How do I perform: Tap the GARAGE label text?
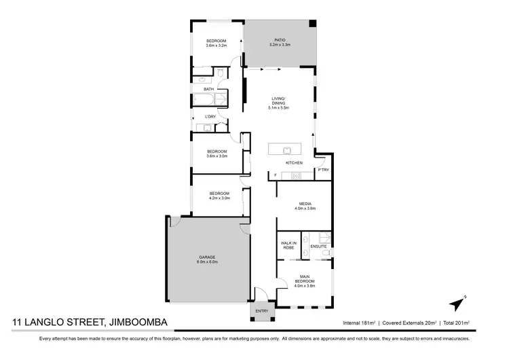[206, 257]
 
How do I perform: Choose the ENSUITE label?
[318, 247]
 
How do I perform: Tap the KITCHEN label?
[293, 164]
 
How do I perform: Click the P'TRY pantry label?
[323, 169]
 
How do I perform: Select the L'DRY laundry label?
[210, 116]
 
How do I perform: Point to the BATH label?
[209, 89]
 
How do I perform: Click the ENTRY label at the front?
[261, 311]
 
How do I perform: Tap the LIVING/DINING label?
[279, 102]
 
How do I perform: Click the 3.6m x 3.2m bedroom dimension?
[216, 46]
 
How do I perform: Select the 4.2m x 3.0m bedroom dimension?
[219, 198]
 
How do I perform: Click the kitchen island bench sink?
[286, 149]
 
